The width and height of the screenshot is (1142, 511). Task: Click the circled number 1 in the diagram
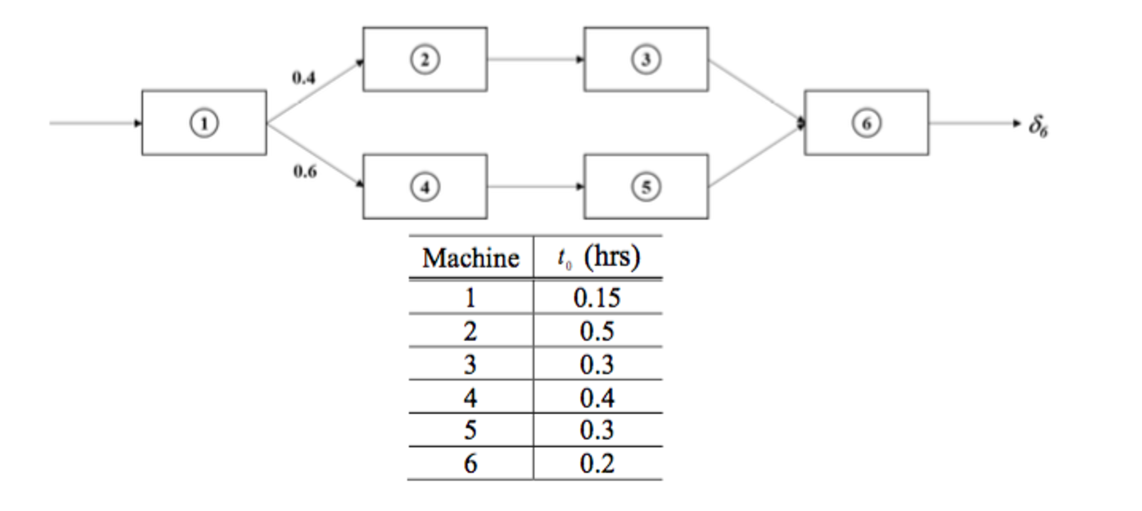click(x=204, y=123)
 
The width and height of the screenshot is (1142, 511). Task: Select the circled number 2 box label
click(x=425, y=59)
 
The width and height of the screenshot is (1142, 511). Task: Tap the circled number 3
click(x=646, y=59)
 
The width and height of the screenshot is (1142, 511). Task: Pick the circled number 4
click(x=425, y=187)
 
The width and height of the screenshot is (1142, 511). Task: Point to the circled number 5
click(x=646, y=187)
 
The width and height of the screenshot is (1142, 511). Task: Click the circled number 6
click(x=866, y=123)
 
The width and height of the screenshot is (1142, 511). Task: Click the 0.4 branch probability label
click(x=304, y=78)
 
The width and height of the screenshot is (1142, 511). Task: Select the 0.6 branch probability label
click(x=305, y=171)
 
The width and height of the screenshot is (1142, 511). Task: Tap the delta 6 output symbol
click(x=1038, y=126)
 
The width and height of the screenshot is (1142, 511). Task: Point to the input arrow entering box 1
click(x=95, y=123)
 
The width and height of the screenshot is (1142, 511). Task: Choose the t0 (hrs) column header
click(x=598, y=257)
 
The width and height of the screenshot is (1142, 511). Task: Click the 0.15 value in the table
click(x=597, y=298)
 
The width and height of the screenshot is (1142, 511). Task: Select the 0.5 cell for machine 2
click(x=597, y=331)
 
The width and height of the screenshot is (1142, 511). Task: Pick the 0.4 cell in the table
click(x=597, y=398)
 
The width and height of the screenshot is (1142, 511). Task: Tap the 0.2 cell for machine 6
click(x=597, y=464)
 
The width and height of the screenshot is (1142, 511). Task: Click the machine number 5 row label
click(x=470, y=430)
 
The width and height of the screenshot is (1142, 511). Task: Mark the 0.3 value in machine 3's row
click(x=597, y=365)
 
